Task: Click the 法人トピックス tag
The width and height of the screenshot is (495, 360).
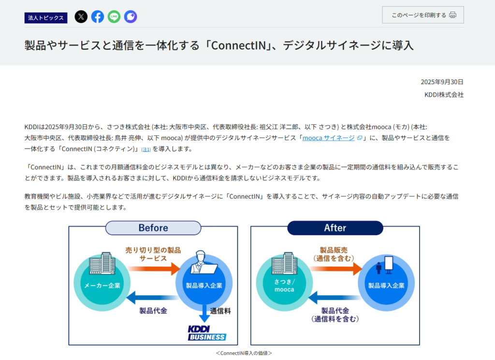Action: pyautogui.click(x=46, y=18)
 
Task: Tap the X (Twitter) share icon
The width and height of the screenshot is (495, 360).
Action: pyautogui.click(x=81, y=17)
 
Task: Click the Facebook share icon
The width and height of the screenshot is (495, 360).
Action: pyautogui.click(x=98, y=17)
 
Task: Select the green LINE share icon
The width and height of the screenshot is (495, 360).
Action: pyautogui.click(x=114, y=17)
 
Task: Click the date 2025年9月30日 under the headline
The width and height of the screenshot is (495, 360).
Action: pyautogui.click(x=442, y=82)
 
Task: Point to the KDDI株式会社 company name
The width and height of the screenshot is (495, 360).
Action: pyautogui.click(x=444, y=95)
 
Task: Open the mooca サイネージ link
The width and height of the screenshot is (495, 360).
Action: pyautogui.click(x=329, y=138)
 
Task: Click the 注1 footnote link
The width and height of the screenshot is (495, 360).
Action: pyautogui.click(x=146, y=149)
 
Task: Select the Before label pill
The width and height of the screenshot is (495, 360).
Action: pyautogui.click(x=153, y=228)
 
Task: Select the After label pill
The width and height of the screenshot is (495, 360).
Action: pyautogui.click(x=335, y=228)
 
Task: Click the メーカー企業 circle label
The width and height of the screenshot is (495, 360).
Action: pyautogui.click(x=102, y=286)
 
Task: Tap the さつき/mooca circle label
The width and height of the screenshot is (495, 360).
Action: pyautogui.click(x=284, y=286)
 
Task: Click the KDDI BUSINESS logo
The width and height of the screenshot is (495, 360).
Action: pyautogui.click(x=207, y=333)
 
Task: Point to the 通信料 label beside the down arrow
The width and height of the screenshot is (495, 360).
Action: pyautogui.click(x=220, y=311)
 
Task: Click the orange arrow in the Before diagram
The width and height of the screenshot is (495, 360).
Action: pyautogui.click(x=154, y=269)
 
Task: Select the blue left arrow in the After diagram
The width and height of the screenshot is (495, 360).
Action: pyautogui.click(x=335, y=298)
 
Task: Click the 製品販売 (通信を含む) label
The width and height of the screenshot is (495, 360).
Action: pyautogui.click(x=334, y=254)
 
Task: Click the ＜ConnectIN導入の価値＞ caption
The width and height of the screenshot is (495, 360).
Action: pyautogui.click(x=244, y=353)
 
